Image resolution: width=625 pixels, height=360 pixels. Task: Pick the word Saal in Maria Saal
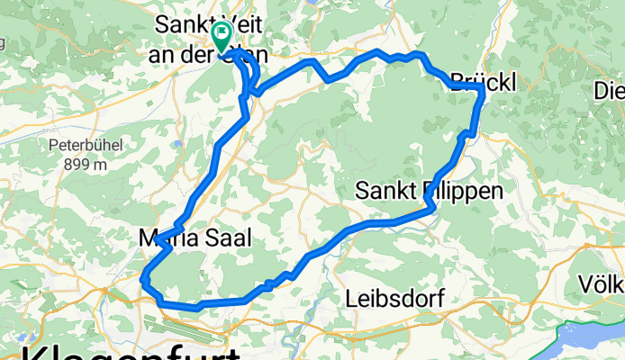223,238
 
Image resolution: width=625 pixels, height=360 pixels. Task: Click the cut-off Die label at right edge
609,90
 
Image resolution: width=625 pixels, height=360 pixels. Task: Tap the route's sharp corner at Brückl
483,90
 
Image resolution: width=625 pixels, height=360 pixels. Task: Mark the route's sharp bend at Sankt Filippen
433,209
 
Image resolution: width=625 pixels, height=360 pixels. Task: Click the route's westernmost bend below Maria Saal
144,281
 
